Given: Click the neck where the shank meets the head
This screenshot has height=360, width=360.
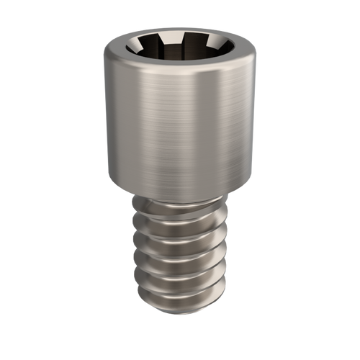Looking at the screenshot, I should point(180,192).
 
